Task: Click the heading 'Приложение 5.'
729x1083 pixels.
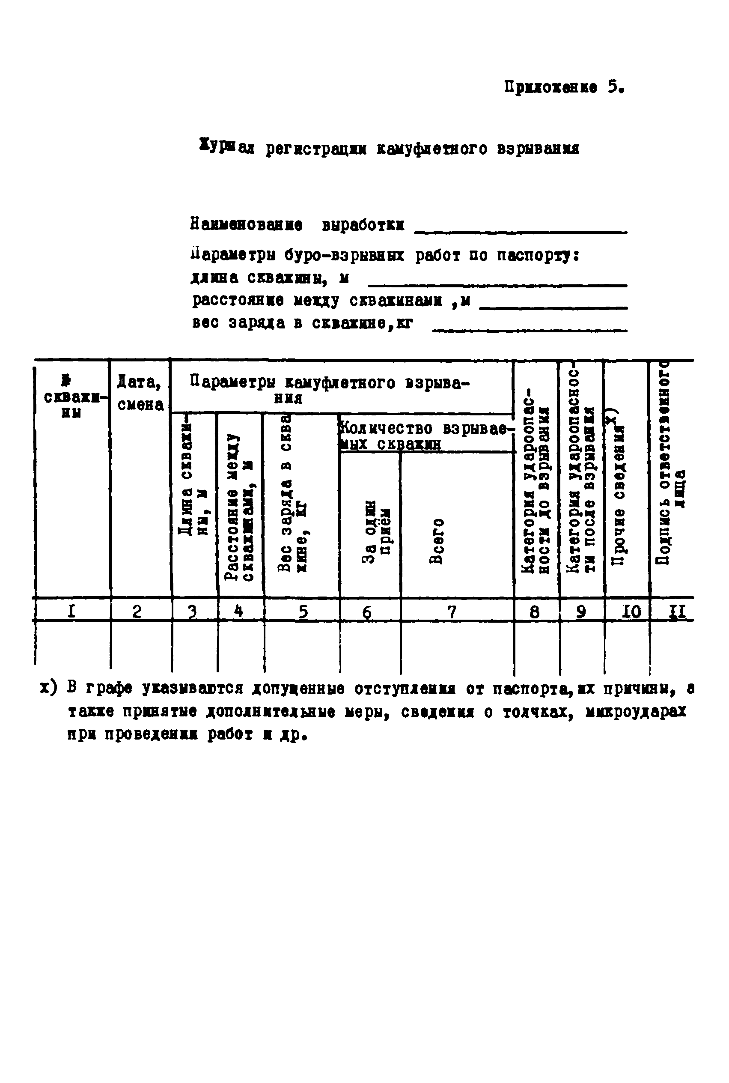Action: (x=563, y=87)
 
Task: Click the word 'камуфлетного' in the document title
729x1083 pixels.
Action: (x=431, y=149)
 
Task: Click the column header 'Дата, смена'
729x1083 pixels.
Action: (x=140, y=394)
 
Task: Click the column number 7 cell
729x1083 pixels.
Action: (x=452, y=612)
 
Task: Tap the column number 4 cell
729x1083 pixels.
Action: (x=239, y=611)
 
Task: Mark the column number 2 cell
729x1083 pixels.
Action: (x=137, y=611)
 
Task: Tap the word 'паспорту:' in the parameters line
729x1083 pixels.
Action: (x=538, y=255)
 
